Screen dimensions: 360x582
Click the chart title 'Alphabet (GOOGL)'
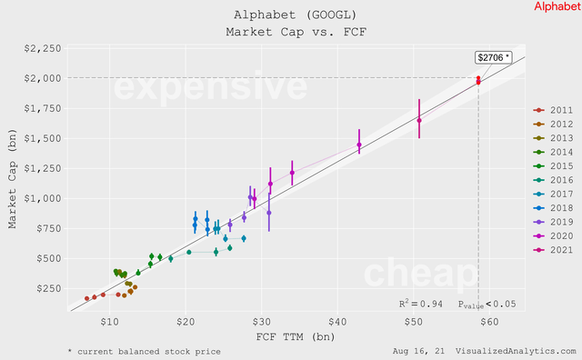[x=290, y=15]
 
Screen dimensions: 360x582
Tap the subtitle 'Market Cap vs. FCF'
[x=290, y=32]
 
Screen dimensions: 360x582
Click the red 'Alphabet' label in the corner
[x=556, y=6]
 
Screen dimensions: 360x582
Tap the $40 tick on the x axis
[x=337, y=323]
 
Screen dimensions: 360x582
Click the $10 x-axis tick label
[x=109, y=323]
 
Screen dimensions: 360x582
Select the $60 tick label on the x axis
[x=490, y=323]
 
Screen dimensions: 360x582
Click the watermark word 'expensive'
[x=209, y=88]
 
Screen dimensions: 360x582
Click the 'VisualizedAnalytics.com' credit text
[x=516, y=350]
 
